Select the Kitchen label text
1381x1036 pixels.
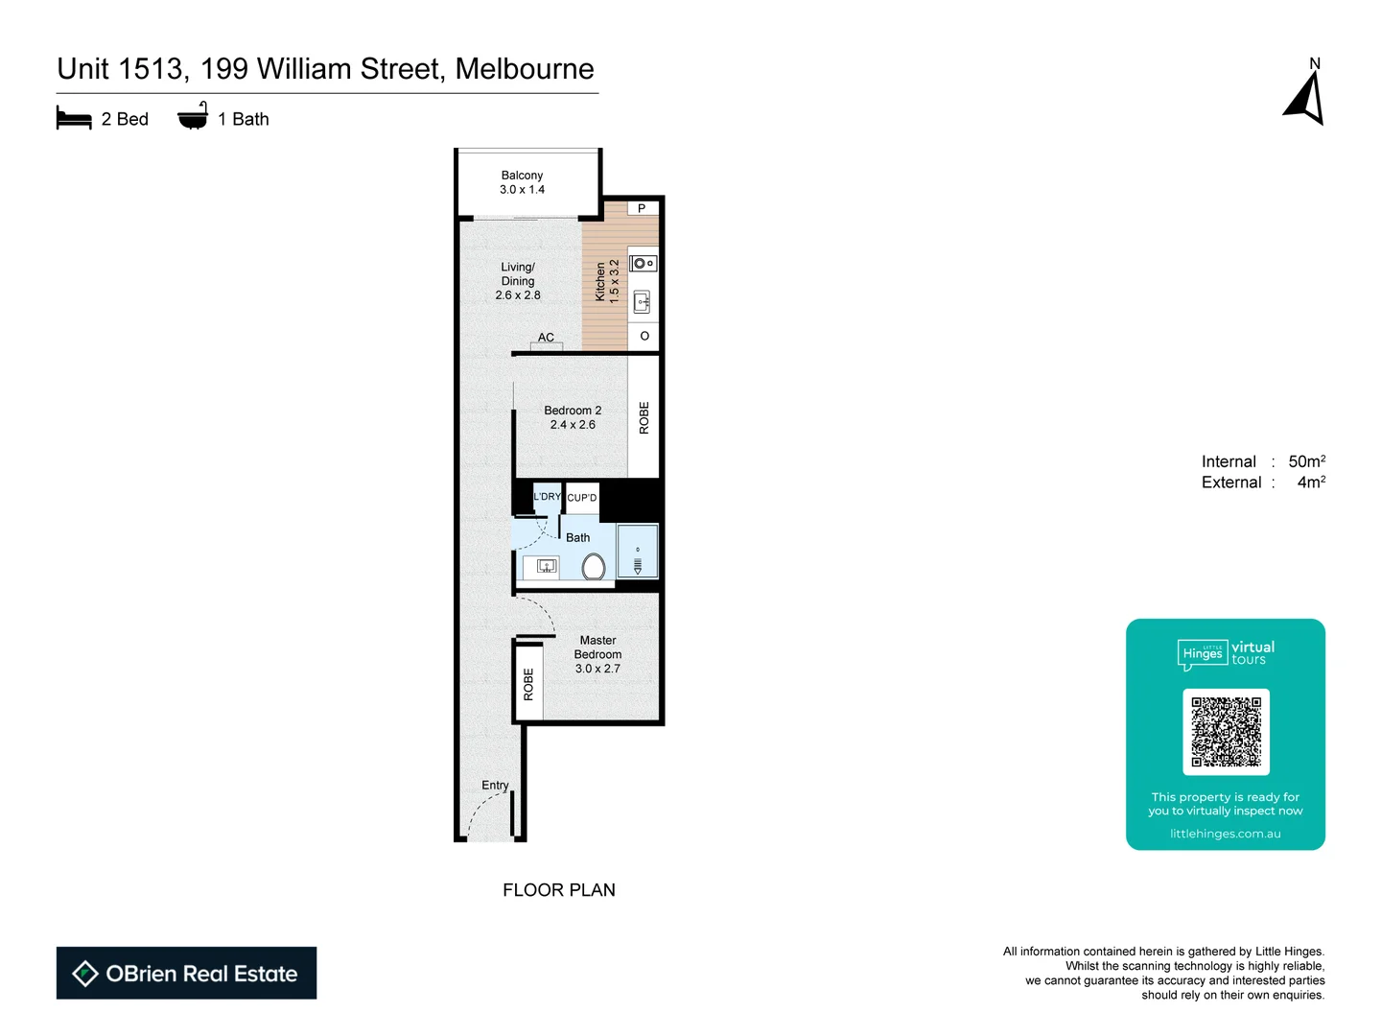[600, 282]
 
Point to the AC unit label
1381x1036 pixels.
[546, 338]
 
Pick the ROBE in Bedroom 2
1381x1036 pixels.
[644, 417]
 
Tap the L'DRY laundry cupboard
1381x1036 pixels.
[547, 497]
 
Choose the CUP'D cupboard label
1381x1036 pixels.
[582, 498]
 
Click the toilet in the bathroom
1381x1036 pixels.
[594, 567]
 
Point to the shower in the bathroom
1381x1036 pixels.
[638, 552]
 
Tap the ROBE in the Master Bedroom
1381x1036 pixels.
[528, 684]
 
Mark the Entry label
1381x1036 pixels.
[495, 785]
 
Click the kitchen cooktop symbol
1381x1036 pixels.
[644, 263]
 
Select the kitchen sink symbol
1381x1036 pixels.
[643, 303]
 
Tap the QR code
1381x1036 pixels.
[1226, 732]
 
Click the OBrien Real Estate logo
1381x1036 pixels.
[186, 974]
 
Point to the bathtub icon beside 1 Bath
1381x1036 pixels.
[193, 117]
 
